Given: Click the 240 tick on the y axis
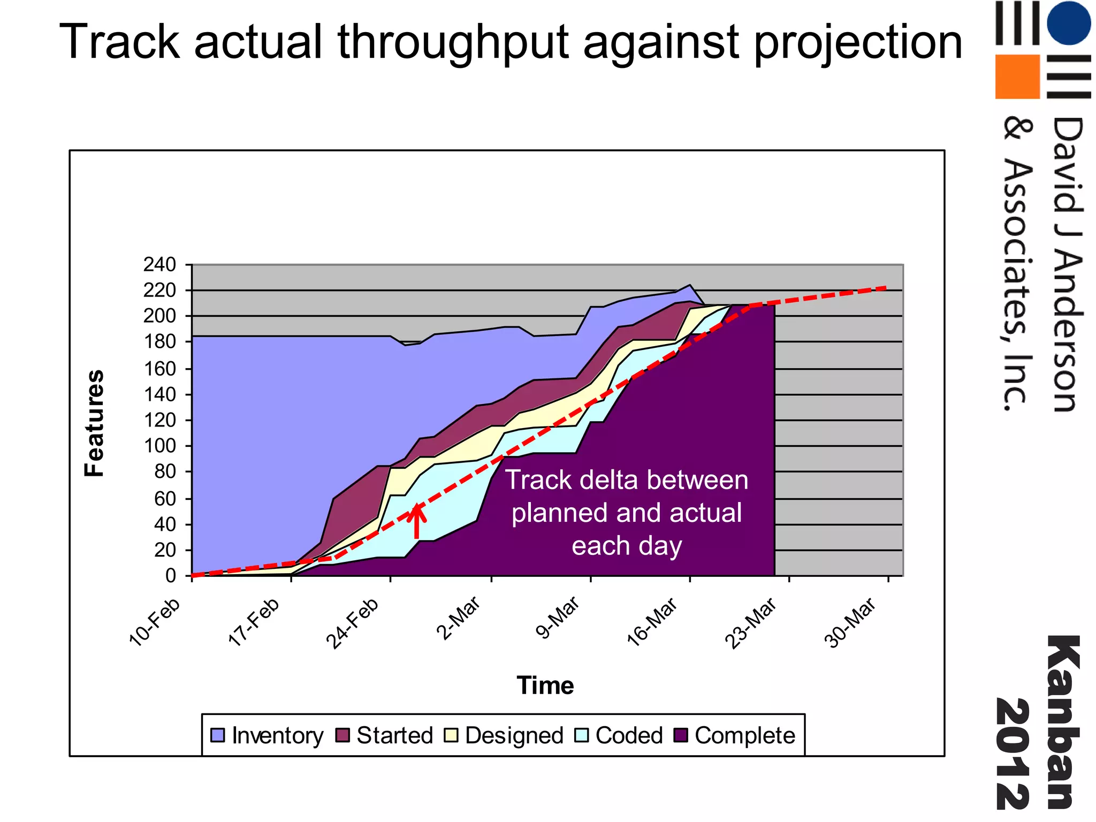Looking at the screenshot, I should pyautogui.click(x=159, y=264).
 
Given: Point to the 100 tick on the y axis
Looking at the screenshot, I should pyautogui.click(x=159, y=446).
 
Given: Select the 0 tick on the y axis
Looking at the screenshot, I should pyautogui.click(x=170, y=576).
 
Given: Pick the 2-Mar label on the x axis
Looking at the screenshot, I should pyautogui.click(x=459, y=619).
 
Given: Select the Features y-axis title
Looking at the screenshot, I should pyautogui.click(x=95, y=423).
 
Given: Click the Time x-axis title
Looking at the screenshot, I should pyautogui.click(x=545, y=686).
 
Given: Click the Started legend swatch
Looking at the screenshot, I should pyautogui.click(x=342, y=735).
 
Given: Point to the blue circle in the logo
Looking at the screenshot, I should pyautogui.click(x=1068, y=23).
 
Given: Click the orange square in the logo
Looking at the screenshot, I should pyautogui.click(x=1017, y=77).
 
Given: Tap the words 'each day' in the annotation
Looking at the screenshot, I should pyautogui.click(x=627, y=546).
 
